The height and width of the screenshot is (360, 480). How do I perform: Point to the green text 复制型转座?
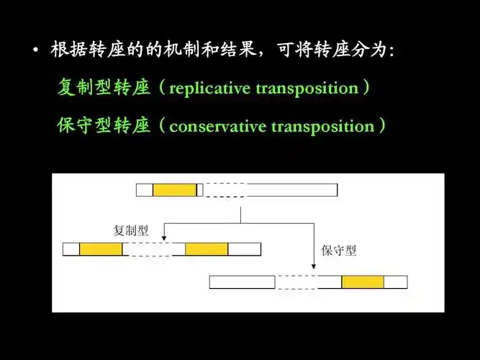103,89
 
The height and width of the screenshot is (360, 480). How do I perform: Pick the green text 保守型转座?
103,127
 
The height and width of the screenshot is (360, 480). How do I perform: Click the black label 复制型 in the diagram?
130,231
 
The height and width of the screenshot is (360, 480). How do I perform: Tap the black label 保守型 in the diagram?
338,251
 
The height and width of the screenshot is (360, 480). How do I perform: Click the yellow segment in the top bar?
174,190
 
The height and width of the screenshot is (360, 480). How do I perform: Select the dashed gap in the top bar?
225,190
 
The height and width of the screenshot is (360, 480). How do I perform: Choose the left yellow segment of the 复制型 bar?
101,249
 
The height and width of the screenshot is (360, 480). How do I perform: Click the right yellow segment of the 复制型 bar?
207,249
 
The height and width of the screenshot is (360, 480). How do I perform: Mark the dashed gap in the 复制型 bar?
150,249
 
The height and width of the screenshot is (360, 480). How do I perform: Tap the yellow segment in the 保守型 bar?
363,282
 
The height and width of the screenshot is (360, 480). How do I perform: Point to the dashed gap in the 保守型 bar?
297,282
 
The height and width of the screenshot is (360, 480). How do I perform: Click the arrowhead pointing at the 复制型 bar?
164,238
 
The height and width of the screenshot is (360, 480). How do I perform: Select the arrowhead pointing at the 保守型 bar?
314,271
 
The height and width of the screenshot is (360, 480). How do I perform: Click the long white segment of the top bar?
291,190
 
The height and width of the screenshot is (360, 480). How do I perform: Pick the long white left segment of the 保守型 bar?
243,282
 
